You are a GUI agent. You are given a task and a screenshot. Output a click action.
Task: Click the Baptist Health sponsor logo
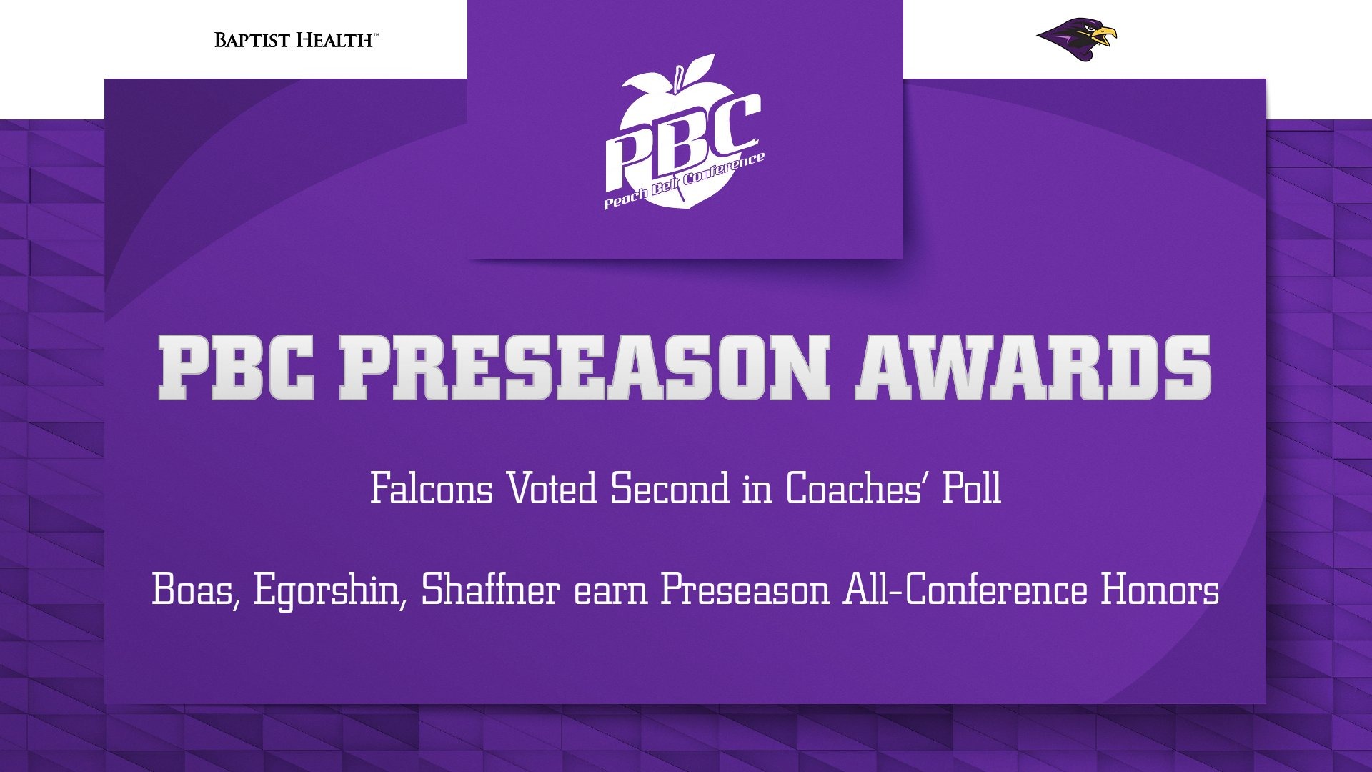click(296, 40)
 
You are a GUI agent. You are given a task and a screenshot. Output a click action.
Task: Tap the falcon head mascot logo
click(1076, 40)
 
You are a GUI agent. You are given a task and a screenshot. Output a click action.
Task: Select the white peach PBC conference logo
click(684, 133)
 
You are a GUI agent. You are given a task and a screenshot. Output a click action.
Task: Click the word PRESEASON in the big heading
click(584, 367)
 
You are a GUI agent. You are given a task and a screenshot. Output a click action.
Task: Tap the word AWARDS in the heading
click(1033, 367)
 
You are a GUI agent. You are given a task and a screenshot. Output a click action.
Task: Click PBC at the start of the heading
click(236, 367)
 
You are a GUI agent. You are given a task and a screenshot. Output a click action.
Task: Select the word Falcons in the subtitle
click(432, 489)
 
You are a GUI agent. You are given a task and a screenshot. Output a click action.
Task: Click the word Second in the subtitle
click(670, 489)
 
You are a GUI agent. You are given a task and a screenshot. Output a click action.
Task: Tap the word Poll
click(972, 489)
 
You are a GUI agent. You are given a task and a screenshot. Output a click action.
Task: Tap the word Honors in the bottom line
click(1160, 590)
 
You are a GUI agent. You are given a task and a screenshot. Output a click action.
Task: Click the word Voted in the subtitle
click(552, 489)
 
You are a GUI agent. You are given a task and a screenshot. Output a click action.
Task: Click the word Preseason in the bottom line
click(744, 590)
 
